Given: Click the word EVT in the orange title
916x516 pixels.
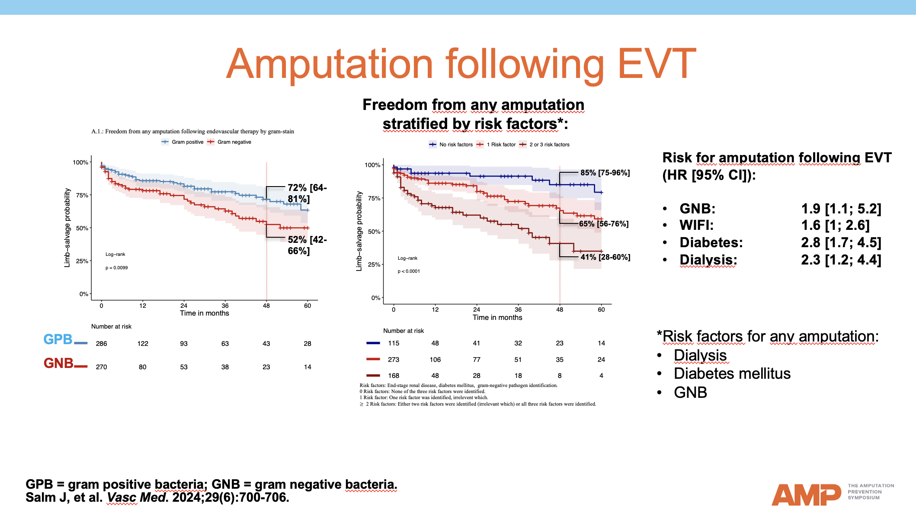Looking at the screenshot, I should click(657, 64).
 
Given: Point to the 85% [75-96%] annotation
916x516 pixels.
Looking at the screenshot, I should click(605, 173).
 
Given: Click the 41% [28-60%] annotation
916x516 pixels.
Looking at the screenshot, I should click(605, 257).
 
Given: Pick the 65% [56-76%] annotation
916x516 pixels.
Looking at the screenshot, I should click(604, 224).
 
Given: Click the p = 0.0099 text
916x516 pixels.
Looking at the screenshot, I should click(117, 268).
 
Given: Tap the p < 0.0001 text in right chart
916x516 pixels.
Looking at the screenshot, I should click(409, 271).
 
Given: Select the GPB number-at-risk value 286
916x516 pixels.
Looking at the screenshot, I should click(102, 344).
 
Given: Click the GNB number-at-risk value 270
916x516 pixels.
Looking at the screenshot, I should click(102, 367).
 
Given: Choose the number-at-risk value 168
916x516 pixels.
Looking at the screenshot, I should click(394, 376).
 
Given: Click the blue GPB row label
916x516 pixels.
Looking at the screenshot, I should click(58, 339).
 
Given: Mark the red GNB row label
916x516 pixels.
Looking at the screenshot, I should click(58, 363).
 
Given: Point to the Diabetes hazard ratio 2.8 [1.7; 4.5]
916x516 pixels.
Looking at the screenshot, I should click(841, 242).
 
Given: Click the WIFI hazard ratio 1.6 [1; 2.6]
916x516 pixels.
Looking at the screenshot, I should click(835, 225).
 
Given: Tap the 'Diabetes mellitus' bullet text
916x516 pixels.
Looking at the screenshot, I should click(732, 374).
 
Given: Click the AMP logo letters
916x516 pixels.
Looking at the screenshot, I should click(806, 495).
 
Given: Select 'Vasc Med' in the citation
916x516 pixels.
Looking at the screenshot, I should click(136, 497).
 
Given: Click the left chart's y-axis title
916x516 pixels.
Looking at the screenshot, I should click(67, 228).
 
